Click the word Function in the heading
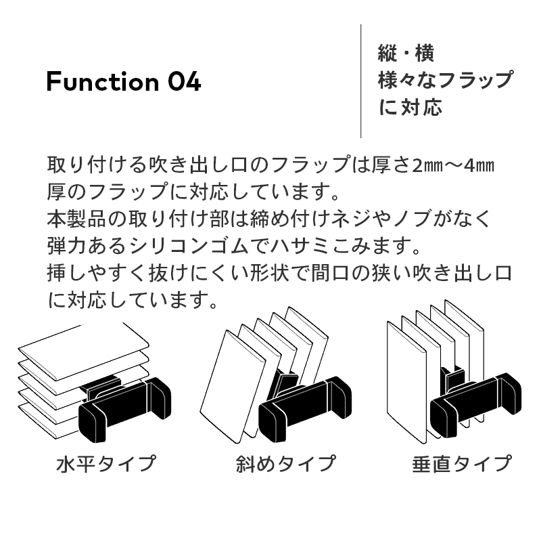point(103,81)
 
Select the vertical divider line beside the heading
point(361,81)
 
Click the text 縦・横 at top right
point(406,54)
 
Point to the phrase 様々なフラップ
point(446,80)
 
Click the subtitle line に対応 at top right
point(410,107)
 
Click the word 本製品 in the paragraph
point(77,219)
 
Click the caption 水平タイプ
point(106,463)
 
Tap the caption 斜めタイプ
point(285,463)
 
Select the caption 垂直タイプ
point(462,463)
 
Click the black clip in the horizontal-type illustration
point(124,408)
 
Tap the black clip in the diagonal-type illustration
point(305,408)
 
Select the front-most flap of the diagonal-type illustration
point(232,387)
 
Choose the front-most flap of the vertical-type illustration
point(406,382)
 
